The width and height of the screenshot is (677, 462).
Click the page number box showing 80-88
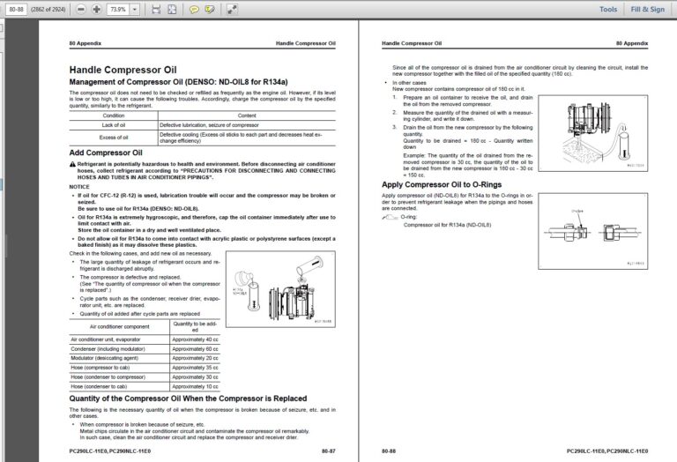16,9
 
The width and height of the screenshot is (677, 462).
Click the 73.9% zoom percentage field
118,9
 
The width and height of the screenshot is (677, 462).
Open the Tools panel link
608,9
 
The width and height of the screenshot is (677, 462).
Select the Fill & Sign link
648,9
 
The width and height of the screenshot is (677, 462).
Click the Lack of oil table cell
114,125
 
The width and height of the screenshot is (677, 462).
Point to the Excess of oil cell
114,137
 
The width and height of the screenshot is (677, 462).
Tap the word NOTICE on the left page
79,187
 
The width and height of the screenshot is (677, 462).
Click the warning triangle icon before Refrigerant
72,165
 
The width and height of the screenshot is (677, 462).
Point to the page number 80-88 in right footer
389,450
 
